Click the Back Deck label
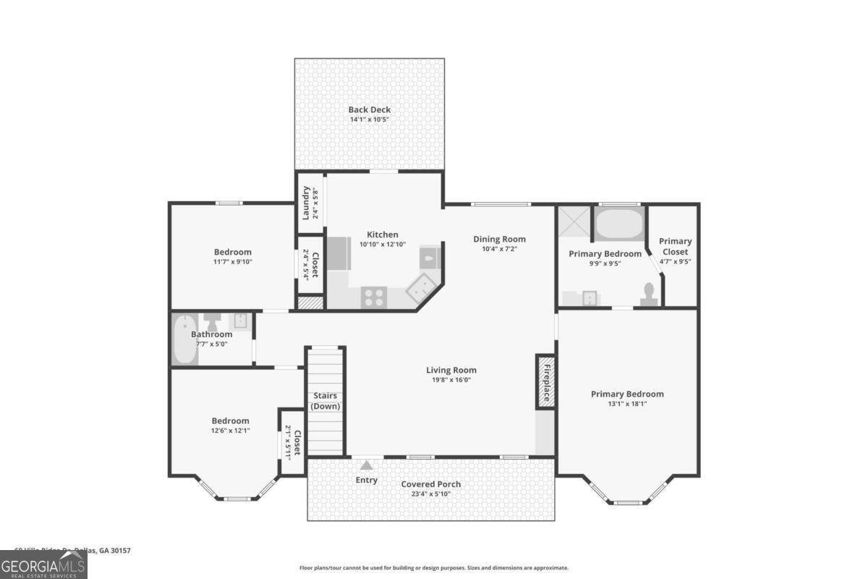tap(369, 110)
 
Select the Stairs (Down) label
tap(325, 401)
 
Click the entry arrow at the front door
tap(367, 465)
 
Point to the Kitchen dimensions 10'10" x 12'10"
tap(382, 245)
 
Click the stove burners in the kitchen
tap(373, 296)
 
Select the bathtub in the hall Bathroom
tap(183, 339)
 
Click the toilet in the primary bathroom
tap(649, 293)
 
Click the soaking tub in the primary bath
tap(618, 224)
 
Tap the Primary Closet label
tap(675, 246)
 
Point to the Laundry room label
tap(306, 203)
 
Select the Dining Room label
tap(499, 239)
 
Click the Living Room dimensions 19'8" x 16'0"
tap(451, 380)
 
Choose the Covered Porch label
tap(430, 484)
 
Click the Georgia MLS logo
tap(43, 565)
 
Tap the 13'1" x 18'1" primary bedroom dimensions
tap(627, 404)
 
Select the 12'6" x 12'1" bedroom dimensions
tap(230, 431)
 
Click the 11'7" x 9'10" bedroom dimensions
tap(232, 262)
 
